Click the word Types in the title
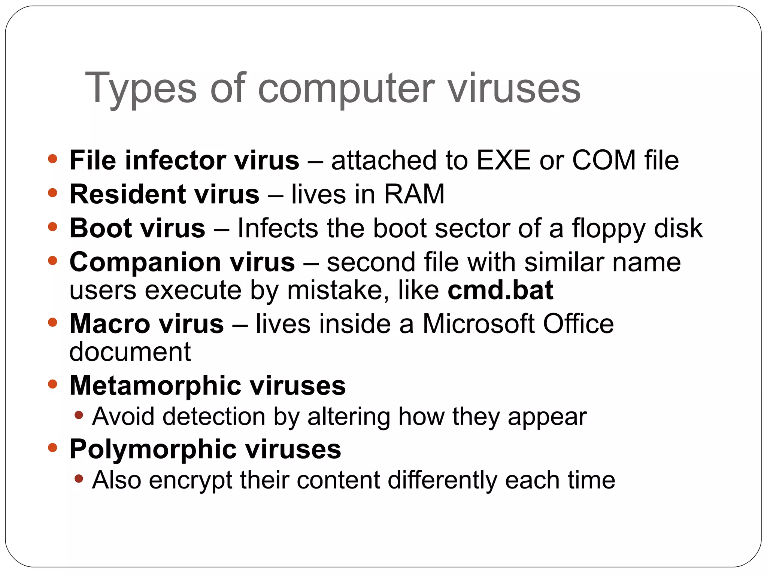[x=141, y=88]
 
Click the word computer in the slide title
[x=346, y=88]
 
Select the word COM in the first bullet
[x=604, y=160]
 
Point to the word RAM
[x=414, y=194]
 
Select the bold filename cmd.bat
[x=500, y=290]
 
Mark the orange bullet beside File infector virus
[x=53, y=159]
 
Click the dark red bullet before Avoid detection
[x=79, y=415]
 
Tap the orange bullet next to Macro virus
[x=53, y=322]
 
